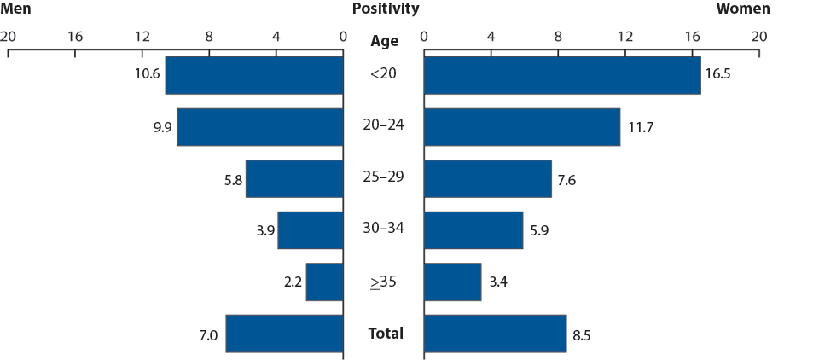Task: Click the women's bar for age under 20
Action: tap(561, 75)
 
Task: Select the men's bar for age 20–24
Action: tap(259, 127)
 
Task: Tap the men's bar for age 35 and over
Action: tap(324, 282)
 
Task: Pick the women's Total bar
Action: tap(495, 334)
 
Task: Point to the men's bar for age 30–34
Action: tap(310, 230)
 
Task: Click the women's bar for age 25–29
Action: tap(487, 179)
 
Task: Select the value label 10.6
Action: tap(147, 74)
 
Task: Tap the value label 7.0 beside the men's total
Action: tap(208, 334)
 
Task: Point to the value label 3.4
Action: tap(498, 282)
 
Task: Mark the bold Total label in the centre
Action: tap(386, 333)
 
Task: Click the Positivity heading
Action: tap(386, 9)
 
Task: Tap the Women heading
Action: tap(742, 9)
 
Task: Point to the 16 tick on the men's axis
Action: tap(75, 37)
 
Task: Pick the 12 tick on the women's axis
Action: tap(624, 37)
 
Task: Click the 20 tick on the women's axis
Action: tap(758, 37)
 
